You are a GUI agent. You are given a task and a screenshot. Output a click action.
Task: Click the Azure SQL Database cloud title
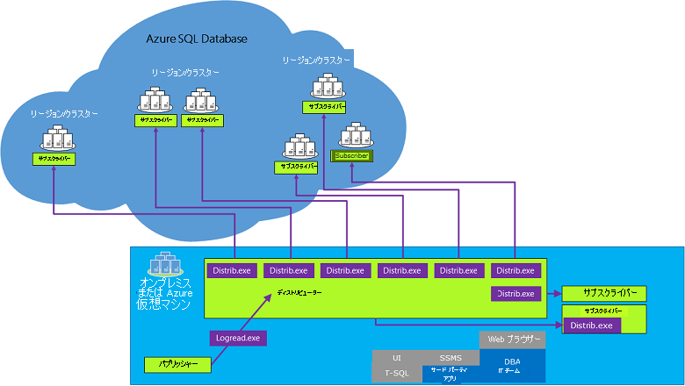click(197, 39)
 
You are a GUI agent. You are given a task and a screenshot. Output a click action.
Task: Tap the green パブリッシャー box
click(176, 362)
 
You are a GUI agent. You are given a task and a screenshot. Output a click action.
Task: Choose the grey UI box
click(397, 358)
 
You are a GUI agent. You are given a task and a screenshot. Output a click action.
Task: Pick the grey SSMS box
click(451, 358)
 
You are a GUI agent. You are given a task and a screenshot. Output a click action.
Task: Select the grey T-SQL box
click(397, 374)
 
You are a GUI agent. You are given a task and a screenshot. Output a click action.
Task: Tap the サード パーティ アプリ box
click(451, 375)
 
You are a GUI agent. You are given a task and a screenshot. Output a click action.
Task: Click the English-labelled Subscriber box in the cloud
click(351, 155)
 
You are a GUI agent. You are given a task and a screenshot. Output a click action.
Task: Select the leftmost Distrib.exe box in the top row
click(232, 270)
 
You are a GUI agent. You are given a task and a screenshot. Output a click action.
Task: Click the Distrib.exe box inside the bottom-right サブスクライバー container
click(591, 325)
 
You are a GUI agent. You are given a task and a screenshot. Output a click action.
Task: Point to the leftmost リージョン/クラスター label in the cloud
click(64, 114)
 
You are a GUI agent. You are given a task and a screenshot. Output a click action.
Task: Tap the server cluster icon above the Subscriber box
click(354, 135)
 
